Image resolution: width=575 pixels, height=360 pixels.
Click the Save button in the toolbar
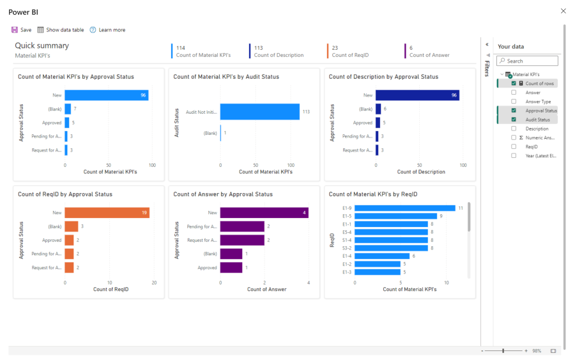click(x=21, y=30)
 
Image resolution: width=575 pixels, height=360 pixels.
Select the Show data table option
click(x=61, y=30)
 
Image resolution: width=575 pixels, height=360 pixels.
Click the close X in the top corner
click(x=563, y=11)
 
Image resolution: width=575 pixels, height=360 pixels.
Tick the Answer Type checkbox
click(x=514, y=102)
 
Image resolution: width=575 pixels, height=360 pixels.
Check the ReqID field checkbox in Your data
click(x=514, y=146)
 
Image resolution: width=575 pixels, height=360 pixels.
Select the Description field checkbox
click(x=514, y=129)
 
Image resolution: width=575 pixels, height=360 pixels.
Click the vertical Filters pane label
click(x=487, y=68)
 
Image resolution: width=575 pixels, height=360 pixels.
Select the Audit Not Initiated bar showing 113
click(x=259, y=112)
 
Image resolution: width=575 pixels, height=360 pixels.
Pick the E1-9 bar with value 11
click(x=404, y=208)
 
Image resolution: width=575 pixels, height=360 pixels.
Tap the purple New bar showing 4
click(x=264, y=213)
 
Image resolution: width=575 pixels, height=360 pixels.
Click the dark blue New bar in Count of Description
click(x=417, y=95)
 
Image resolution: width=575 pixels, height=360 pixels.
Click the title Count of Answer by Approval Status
click(x=223, y=194)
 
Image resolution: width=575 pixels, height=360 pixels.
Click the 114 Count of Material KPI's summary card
click(x=203, y=51)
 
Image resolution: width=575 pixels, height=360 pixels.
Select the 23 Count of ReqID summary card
click(x=349, y=51)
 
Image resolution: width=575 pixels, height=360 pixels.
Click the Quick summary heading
click(x=42, y=45)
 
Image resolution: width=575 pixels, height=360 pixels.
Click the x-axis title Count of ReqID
click(x=111, y=290)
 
